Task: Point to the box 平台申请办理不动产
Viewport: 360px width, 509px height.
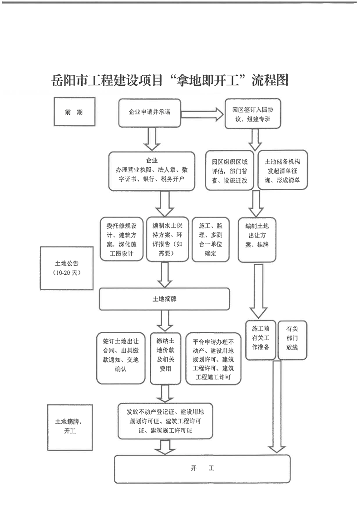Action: pyautogui.click(x=213, y=358)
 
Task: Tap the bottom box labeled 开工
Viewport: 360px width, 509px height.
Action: pyautogui.click(x=202, y=468)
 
